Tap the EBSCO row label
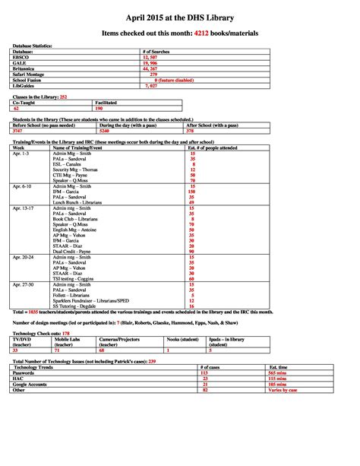pos(21,57)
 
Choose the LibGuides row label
pos(24,84)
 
